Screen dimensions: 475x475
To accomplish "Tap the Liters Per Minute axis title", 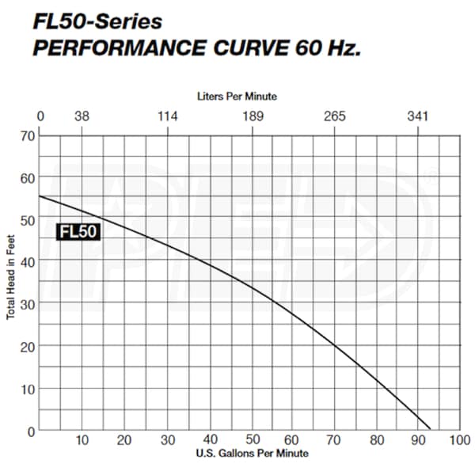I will [237, 95].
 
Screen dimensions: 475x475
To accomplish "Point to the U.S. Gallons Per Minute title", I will [251, 454].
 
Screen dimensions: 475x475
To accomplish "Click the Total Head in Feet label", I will [11, 281].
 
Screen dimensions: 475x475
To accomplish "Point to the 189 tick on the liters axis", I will [252, 116].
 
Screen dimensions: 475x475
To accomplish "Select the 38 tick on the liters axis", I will [82, 116].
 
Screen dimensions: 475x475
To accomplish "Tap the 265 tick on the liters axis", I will [335, 116].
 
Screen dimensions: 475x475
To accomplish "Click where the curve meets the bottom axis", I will [429, 430].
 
